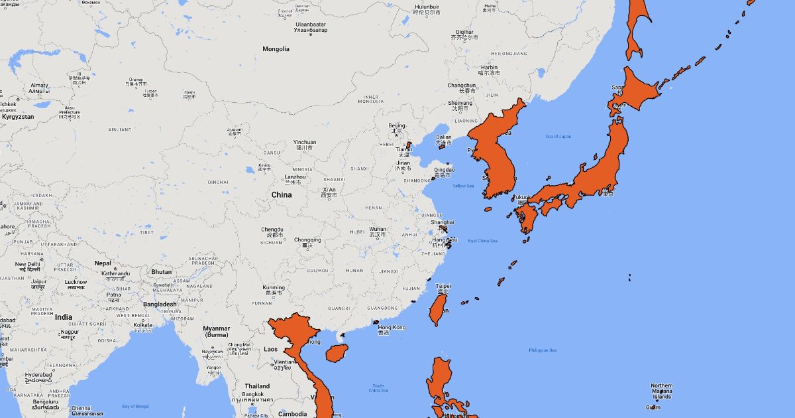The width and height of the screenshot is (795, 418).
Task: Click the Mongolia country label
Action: pos(276,49)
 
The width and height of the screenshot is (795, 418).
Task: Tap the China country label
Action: pos(281,195)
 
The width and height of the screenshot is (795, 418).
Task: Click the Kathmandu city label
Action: pos(115,273)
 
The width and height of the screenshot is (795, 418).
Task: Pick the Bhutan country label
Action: pos(161,272)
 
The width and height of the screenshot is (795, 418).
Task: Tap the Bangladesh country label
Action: pos(160,305)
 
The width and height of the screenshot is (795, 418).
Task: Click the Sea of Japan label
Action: pos(558,137)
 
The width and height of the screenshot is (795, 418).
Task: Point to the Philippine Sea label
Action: pos(543,350)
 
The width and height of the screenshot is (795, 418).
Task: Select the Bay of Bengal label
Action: pos(135,406)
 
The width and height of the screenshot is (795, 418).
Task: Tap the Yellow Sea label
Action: pos(463,186)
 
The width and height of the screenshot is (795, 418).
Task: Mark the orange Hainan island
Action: pos(337,352)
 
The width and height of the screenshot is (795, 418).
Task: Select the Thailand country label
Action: pos(257,386)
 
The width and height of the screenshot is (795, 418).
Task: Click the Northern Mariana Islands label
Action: pos(661,391)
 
